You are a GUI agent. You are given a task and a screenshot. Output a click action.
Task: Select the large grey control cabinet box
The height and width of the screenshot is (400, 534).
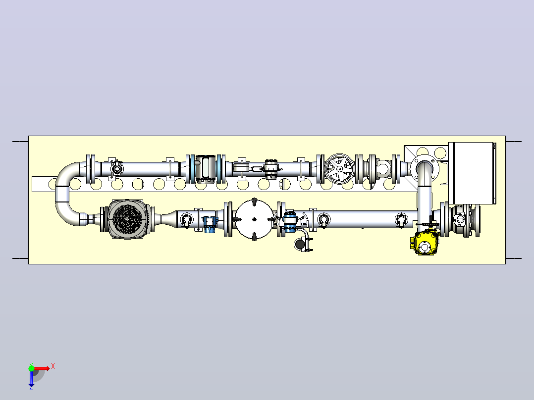pos(472,173)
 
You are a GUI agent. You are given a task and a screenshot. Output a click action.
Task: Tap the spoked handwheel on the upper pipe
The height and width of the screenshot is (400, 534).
pos(339,169)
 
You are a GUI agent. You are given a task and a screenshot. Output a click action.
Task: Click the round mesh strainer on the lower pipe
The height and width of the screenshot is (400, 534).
pos(127,219)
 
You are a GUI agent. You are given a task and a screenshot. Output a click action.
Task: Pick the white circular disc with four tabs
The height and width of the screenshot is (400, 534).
pos(254,219)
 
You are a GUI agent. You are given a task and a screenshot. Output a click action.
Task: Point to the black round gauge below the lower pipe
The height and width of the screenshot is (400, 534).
pos(300,244)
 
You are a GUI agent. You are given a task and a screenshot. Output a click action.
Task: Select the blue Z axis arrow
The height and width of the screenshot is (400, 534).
pos(31,378)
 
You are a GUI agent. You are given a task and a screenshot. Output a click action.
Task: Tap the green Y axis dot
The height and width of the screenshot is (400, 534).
pos(31,368)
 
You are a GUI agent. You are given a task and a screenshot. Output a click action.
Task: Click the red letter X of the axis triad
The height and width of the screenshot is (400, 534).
pos(53,366)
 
